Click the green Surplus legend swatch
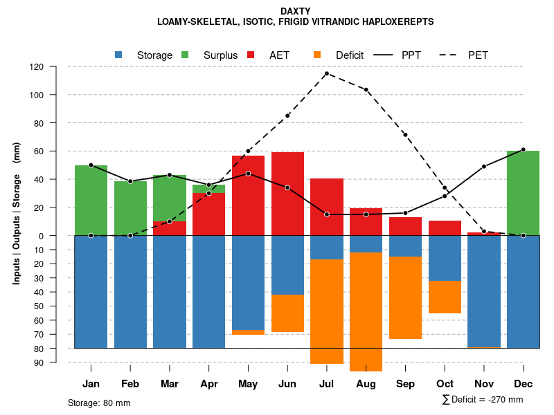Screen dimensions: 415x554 pyautogui.click(x=185, y=55)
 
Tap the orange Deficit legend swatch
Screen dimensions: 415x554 pyautogui.click(x=317, y=55)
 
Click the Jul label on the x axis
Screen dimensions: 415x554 pyautogui.click(x=327, y=384)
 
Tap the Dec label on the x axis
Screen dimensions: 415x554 pyautogui.click(x=524, y=384)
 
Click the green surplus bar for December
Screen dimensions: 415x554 pyautogui.click(x=524, y=194)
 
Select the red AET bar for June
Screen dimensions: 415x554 pyautogui.click(x=287, y=194)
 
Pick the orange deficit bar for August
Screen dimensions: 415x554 pyautogui.click(x=366, y=311)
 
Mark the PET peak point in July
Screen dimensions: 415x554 pyautogui.click(x=327, y=73)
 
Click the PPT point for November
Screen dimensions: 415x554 pyautogui.click(x=484, y=167)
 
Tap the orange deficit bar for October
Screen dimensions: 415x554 pyautogui.click(x=445, y=297)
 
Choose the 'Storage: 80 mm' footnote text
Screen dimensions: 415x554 pyautogui.click(x=99, y=403)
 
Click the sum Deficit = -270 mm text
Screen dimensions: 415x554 pyautogui.click(x=483, y=400)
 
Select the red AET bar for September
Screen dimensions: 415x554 pyautogui.click(x=406, y=226)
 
